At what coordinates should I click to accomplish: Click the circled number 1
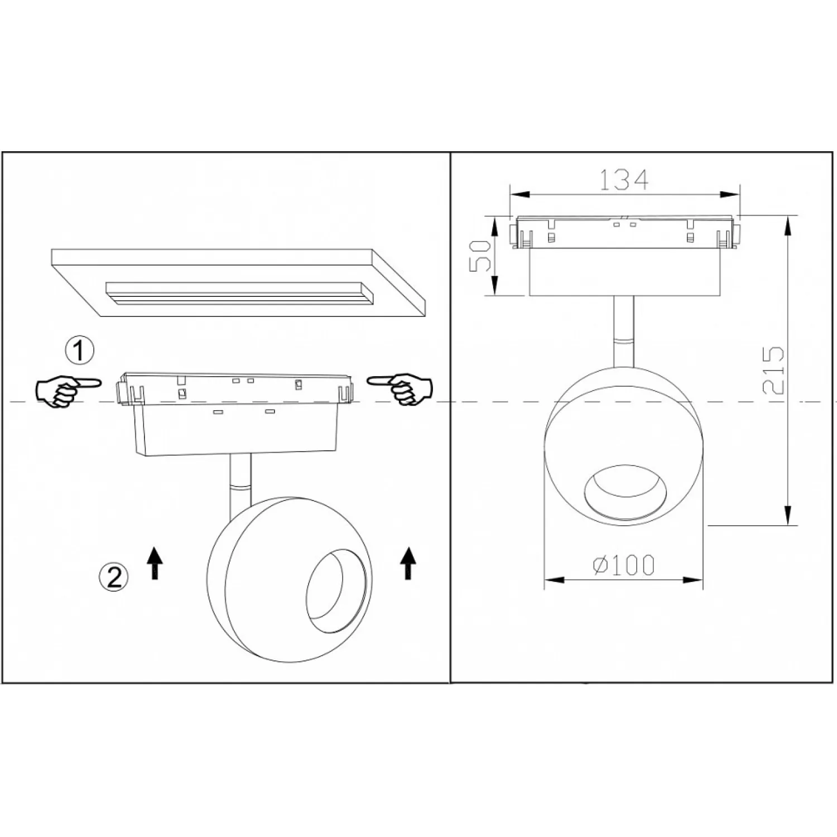[80, 351]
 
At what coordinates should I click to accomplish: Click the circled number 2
[114, 576]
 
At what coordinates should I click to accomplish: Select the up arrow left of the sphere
[155, 562]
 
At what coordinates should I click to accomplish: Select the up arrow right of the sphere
[408, 562]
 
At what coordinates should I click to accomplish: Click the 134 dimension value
[624, 180]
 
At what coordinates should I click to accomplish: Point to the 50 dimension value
[479, 256]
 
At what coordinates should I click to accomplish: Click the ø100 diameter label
[623, 565]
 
